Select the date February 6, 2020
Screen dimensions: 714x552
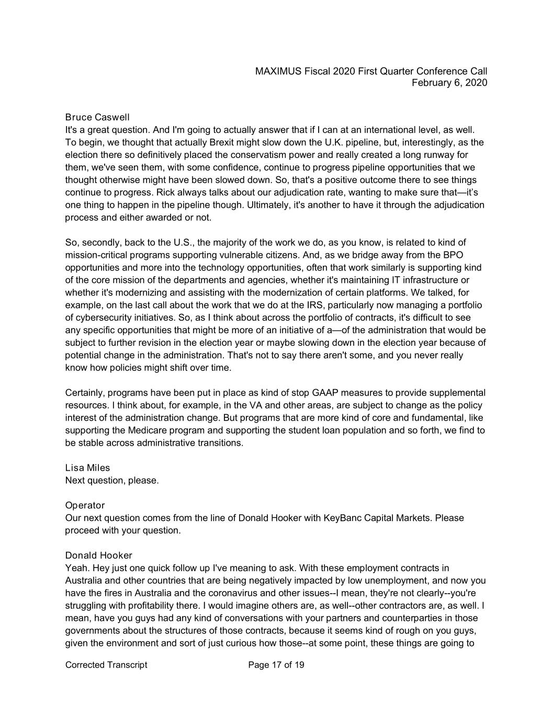tap(449, 83)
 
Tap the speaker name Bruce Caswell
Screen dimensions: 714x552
tap(97, 117)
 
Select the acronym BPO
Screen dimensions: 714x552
tap(453, 255)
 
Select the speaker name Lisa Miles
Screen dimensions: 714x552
tap(87, 468)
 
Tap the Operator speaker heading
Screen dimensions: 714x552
tap(85, 506)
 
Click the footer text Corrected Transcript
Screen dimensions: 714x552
tap(106, 665)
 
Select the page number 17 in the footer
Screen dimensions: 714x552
tap(277, 665)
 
